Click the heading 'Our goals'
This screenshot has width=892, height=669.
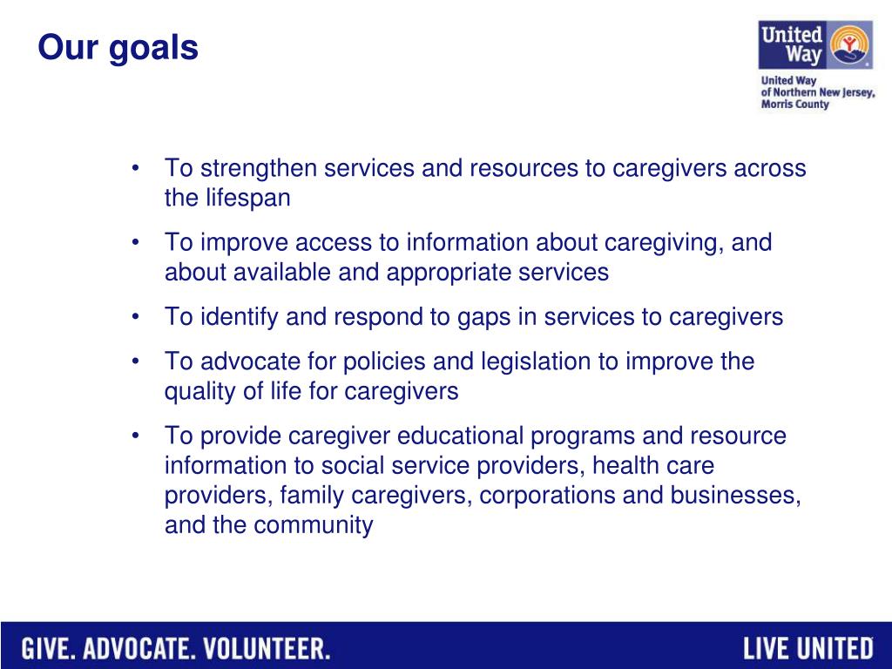click(118, 48)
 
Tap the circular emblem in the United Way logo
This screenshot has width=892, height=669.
click(849, 44)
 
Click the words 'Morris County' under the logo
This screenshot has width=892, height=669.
click(794, 105)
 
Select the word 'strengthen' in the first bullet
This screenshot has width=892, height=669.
click(258, 168)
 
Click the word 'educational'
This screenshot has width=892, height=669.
click(460, 436)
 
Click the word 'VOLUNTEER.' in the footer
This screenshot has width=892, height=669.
click(267, 649)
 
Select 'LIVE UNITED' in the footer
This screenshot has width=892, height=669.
click(808, 649)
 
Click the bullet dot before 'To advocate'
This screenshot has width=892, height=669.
click(135, 362)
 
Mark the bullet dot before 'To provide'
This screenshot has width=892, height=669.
click(135, 436)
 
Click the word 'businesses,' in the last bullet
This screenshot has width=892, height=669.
click(735, 496)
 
